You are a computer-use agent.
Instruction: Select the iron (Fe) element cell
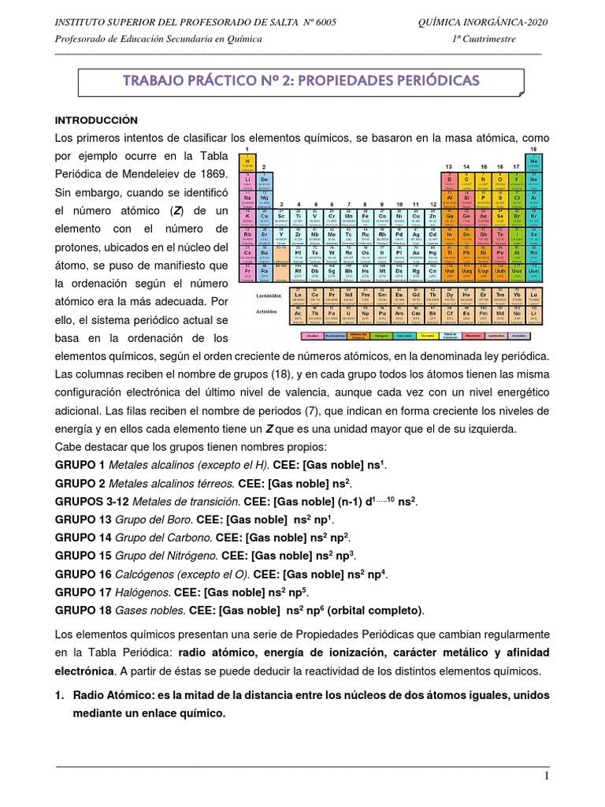[366, 217]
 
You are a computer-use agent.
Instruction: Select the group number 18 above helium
[535, 149]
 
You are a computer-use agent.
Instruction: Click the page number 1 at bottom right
[545, 777]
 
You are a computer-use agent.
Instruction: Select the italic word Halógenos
[139, 592]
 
